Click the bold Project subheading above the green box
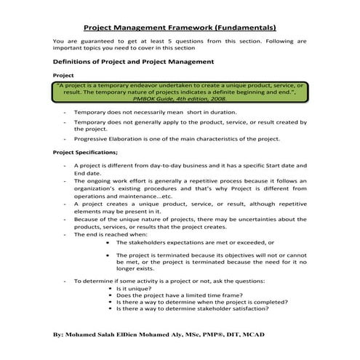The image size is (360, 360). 64,76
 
